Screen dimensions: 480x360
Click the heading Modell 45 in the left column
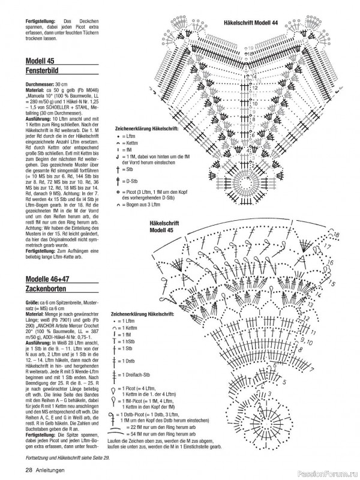click(40, 61)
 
